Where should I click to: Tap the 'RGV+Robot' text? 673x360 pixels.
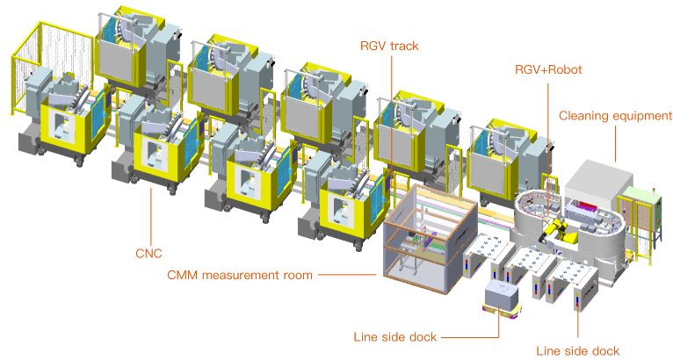coord(548,69)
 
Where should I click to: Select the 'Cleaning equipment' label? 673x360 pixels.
coord(615,115)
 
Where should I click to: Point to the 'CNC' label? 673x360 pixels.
coord(148,254)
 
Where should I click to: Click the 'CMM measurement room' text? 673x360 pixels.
coord(240,275)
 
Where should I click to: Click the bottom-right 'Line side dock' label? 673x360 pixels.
coord(577,351)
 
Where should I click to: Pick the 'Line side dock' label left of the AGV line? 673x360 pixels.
coord(394,336)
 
